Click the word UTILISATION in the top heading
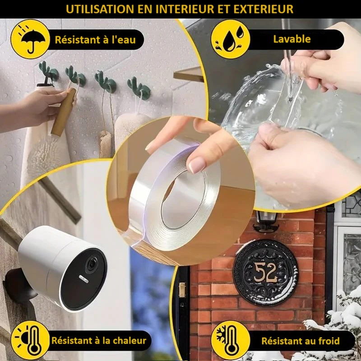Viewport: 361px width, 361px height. [100, 9]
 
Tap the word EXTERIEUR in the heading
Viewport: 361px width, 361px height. [264, 9]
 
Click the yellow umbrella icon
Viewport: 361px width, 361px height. [30, 39]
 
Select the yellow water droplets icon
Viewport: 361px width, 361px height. [231, 39]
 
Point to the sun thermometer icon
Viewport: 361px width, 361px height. [30, 340]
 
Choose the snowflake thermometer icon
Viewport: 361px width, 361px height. [231, 340]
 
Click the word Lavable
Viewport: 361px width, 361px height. [292, 39]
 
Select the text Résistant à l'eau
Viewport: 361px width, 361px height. [95, 40]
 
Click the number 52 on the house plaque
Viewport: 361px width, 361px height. [265, 273]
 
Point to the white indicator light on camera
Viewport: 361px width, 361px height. [83, 279]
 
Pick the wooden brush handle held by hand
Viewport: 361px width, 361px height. [64, 112]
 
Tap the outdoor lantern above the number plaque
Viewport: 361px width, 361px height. [266, 221]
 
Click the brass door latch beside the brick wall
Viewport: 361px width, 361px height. [182, 290]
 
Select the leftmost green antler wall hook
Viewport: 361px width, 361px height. [48, 73]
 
